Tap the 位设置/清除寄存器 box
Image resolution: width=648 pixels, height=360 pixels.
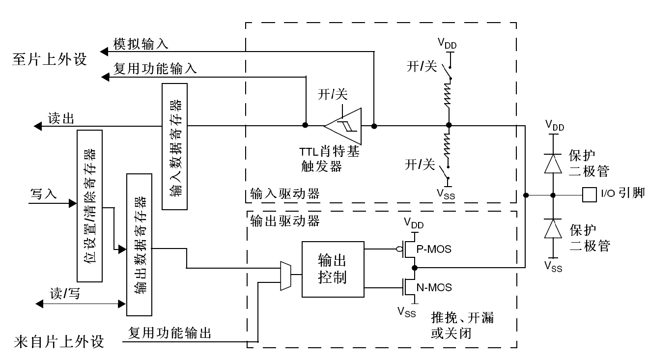pos(89,206)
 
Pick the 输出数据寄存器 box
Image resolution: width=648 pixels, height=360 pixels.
pos(139,244)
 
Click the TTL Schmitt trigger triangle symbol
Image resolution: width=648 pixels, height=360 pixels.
pos(344,126)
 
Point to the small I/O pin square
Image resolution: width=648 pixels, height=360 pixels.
pos(588,194)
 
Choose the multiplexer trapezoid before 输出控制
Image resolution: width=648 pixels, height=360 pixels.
pos(284,276)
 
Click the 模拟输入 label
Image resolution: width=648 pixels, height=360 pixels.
pos(141,44)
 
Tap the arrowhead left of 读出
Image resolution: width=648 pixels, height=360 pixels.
pos(37,127)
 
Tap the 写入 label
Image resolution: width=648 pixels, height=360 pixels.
pos(44,194)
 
